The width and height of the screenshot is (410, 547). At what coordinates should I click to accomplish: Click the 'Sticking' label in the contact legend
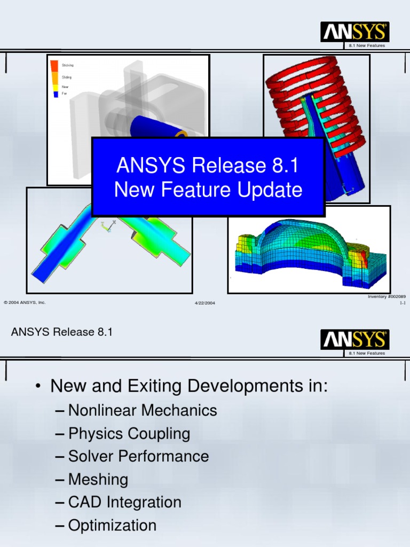coord(68,65)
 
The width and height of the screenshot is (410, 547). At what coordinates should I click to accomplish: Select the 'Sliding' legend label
coord(67,77)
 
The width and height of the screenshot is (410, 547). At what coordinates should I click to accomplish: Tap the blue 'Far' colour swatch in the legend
coord(54,94)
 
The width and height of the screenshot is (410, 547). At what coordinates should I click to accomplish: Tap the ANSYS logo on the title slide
coord(354,32)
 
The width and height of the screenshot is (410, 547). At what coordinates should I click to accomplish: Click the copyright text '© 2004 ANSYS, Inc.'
coord(25,302)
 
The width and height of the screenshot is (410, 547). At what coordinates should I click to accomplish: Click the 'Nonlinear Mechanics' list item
coord(143,410)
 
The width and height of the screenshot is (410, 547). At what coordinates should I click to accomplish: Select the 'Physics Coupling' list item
coord(129,433)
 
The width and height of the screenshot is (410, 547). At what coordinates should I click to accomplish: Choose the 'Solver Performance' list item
coord(139,456)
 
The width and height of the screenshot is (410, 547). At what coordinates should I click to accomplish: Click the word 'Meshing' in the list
coord(98,479)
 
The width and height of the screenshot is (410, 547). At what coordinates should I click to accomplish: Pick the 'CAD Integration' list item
coord(125,502)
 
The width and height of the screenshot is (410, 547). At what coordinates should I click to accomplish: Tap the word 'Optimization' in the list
coord(112,525)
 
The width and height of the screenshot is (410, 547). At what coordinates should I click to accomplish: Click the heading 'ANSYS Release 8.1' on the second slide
coord(62,332)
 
